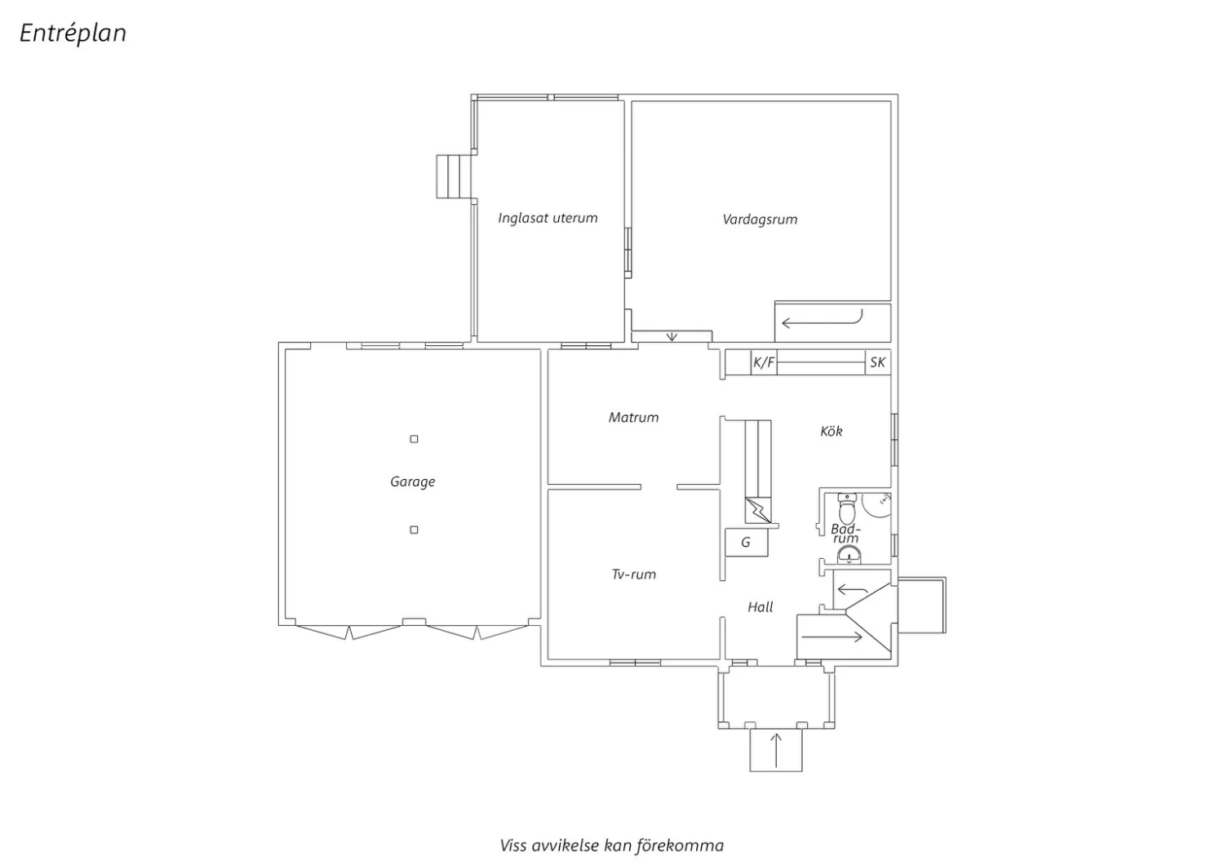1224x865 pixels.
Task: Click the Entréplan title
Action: [x=73, y=33]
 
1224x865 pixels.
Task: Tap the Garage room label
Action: [x=413, y=482]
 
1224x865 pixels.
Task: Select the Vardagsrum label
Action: [x=760, y=220]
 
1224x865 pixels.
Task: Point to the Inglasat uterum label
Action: [x=548, y=218]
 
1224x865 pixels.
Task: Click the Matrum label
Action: [x=633, y=418]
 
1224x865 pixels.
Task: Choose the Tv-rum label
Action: [x=633, y=574]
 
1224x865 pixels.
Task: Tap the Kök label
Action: [x=832, y=431]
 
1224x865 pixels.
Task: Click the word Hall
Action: [x=760, y=607]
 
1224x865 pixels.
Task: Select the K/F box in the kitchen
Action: [x=764, y=362]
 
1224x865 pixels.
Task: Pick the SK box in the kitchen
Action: [x=877, y=362]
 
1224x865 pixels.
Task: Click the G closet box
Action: [x=746, y=543]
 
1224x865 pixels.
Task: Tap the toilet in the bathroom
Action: [x=847, y=508]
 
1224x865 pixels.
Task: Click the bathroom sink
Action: [x=849, y=556]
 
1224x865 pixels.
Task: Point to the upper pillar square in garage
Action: [x=415, y=439]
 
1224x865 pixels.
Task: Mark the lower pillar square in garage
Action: [x=415, y=530]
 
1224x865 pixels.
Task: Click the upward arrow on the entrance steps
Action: [x=776, y=750]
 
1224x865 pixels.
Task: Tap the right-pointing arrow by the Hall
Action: [x=832, y=637]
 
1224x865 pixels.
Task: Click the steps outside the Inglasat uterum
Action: [x=454, y=176]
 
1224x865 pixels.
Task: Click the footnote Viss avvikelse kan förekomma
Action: [x=611, y=845]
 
